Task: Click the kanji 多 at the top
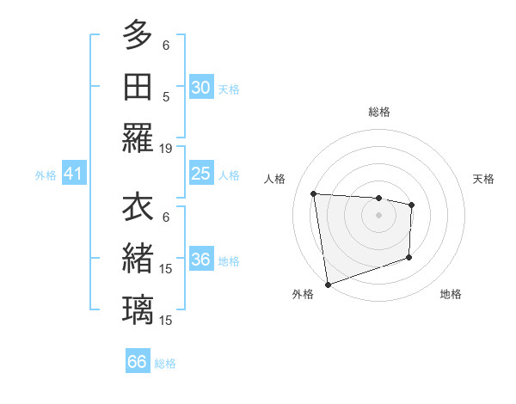pyautogui.click(x=138, y=37)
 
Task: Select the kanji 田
pyautogui.click(x=138, y=87)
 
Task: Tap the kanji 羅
pyautogui.click(x=138, y=138)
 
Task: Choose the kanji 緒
pyautogui.click(x=138, y=259)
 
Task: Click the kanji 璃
pyautogui.click(x=138, y=309)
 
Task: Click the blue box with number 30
pyautogui.click(x=200, y=88)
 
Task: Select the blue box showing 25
pyautogui.click(x=200, y=174)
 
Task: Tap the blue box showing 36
pyautogui.click(x=200, y=260)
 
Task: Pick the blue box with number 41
pyautogui.click(x=73, y=174)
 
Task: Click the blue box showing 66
pyautogui.click(x=138, y=363)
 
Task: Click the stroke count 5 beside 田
pyautogui.click(x=166, y=97)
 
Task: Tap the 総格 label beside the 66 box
pyautogui.click(x=165, y=364)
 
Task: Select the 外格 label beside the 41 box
pyautogui.click(x=46, y=175)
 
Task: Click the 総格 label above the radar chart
pyautogui.click(x=379, y=112)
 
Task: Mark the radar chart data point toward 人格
pyautogui.click(x=314, y=193)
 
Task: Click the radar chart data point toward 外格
pyautogui.click(x=328, y=284)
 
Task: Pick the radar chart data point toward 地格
pyautogui.click(x=409, y=257)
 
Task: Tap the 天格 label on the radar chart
pyautogui.click(x=484, y=179)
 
